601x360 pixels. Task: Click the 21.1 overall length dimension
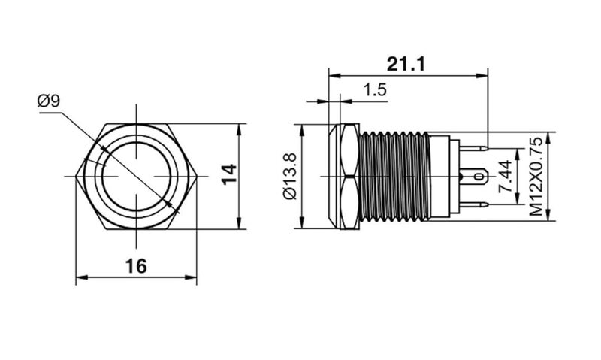point(406,64)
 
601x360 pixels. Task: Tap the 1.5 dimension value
point(375,90)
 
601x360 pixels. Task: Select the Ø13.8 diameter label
point(290,176)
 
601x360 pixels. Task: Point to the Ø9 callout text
point(48,101)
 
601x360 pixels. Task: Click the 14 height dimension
point(230,174)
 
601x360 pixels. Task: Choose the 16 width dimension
point(136,266)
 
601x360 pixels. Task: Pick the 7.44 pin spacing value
point(505,177)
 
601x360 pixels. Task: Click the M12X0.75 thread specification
point(536,177)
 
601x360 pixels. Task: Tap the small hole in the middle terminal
point(479,177)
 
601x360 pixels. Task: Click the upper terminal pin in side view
point(473,148)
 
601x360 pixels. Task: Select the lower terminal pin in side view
point(473,204)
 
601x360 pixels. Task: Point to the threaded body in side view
point(394,177)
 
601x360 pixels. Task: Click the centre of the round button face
point(137,177)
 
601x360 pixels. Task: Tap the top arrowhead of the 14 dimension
point(240,129)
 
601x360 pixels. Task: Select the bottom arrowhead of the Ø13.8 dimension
point(303,222)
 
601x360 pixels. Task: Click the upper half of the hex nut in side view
point(349,150)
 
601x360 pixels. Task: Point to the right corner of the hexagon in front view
point(197,177)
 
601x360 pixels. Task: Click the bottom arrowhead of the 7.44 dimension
point(518,199)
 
